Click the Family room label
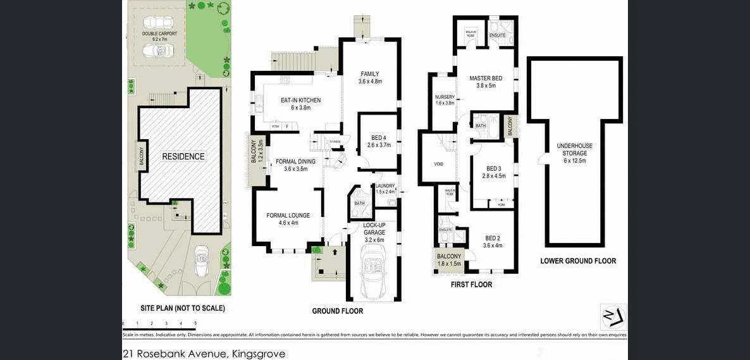(x=370, y=77)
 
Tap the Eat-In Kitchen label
(x=300, y=104)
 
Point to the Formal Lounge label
(x=288, y=219)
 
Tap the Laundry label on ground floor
(x=384, y=188)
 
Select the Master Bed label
(x=486, y=82)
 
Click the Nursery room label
(x=445, y=99)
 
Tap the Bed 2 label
(x=492, y=242)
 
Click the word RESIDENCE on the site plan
(x=183, y=156)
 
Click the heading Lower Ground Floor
(x=578, y=261)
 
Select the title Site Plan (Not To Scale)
(x=182, y=309)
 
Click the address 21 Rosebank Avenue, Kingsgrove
(x=204, y=354)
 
